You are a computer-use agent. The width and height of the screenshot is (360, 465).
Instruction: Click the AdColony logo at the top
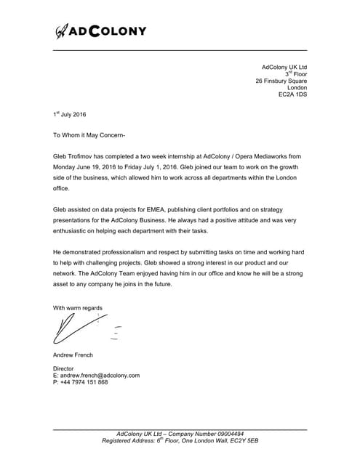click(101, 31)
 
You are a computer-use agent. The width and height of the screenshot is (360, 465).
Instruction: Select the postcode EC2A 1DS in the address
click(292, 95)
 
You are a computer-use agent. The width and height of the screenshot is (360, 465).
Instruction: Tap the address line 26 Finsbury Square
click(281, 81)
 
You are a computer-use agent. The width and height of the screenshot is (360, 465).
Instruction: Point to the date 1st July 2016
click(70, 115)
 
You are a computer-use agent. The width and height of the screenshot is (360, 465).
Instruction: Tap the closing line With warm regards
click(78, 308)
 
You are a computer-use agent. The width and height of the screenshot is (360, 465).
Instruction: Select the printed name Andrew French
click(74, 355)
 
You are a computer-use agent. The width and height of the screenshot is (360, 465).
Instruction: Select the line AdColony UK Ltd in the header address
click(284, 67)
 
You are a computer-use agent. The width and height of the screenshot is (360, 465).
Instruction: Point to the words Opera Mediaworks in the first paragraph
click(251, 156)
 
